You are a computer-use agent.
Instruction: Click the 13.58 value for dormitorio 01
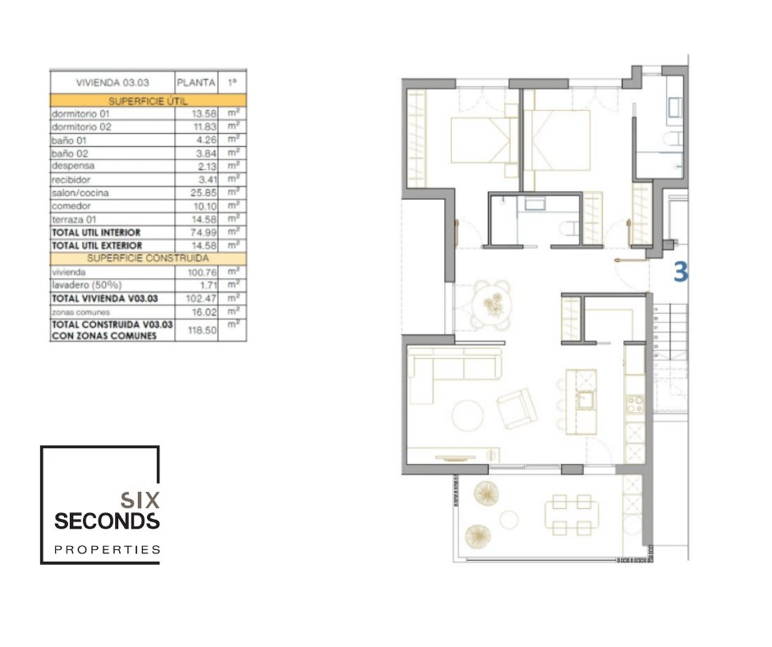pos(204,114)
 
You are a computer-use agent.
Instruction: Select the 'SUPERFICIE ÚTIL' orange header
pos(148,101)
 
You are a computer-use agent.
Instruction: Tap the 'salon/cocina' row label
pos(80,193)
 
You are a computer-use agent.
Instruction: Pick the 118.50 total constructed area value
pos(202,330)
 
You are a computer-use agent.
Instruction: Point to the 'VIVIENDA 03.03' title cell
pos(113,83)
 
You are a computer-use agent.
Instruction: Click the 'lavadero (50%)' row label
pos(87,285)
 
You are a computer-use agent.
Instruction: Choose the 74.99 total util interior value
pos(204,232)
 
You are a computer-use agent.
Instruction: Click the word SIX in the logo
pos(140,500)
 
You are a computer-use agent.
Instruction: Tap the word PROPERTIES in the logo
pos(108,549)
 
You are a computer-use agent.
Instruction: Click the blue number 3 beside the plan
pos(680,272)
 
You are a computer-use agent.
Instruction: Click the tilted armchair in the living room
pos(517,409)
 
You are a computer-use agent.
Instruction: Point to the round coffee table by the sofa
pos(467,415)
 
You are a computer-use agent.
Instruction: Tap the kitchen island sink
pos(586,400)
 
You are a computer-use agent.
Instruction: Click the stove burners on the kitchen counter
pos(635,404)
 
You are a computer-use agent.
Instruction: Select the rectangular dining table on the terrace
pos(572,515)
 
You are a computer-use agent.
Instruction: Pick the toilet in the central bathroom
pos(571,228)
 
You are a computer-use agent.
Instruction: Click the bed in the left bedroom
pos(485,140)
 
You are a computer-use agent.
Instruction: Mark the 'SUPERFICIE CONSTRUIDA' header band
pos(148,259)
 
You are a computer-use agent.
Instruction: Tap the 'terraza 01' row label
pos(74,219)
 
